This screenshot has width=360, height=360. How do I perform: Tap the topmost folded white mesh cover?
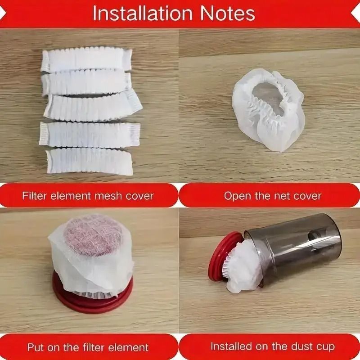click(86, 60)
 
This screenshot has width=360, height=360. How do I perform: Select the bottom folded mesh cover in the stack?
click(90, 161)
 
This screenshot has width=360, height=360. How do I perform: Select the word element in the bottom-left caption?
click(129, 347)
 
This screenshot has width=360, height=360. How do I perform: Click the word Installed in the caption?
click(232, 346)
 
